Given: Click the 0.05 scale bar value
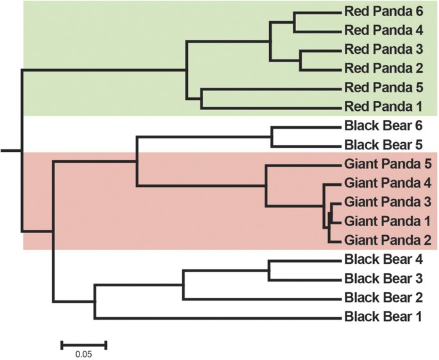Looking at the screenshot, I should click(83, 354).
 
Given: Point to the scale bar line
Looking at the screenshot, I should click(83, 345).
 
